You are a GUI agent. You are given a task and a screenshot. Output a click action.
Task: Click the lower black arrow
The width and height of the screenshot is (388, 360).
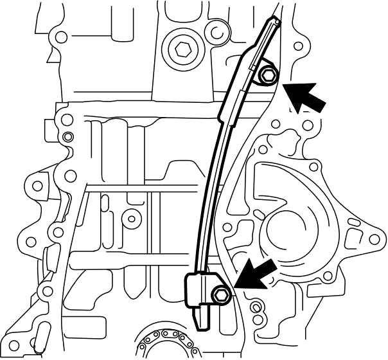(257, 273)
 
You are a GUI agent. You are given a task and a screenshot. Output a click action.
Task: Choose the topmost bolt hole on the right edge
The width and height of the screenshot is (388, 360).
(297, 46)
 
